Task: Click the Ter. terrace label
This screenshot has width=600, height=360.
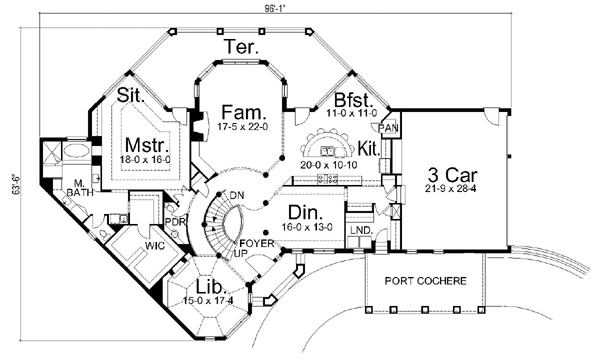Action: click(244, 47)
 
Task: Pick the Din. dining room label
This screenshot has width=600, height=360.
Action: click(305, 212)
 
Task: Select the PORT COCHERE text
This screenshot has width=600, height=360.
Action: click(428, 282)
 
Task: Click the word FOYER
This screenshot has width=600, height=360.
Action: click(253, 243)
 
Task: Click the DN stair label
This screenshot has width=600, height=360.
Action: click(237, 196)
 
